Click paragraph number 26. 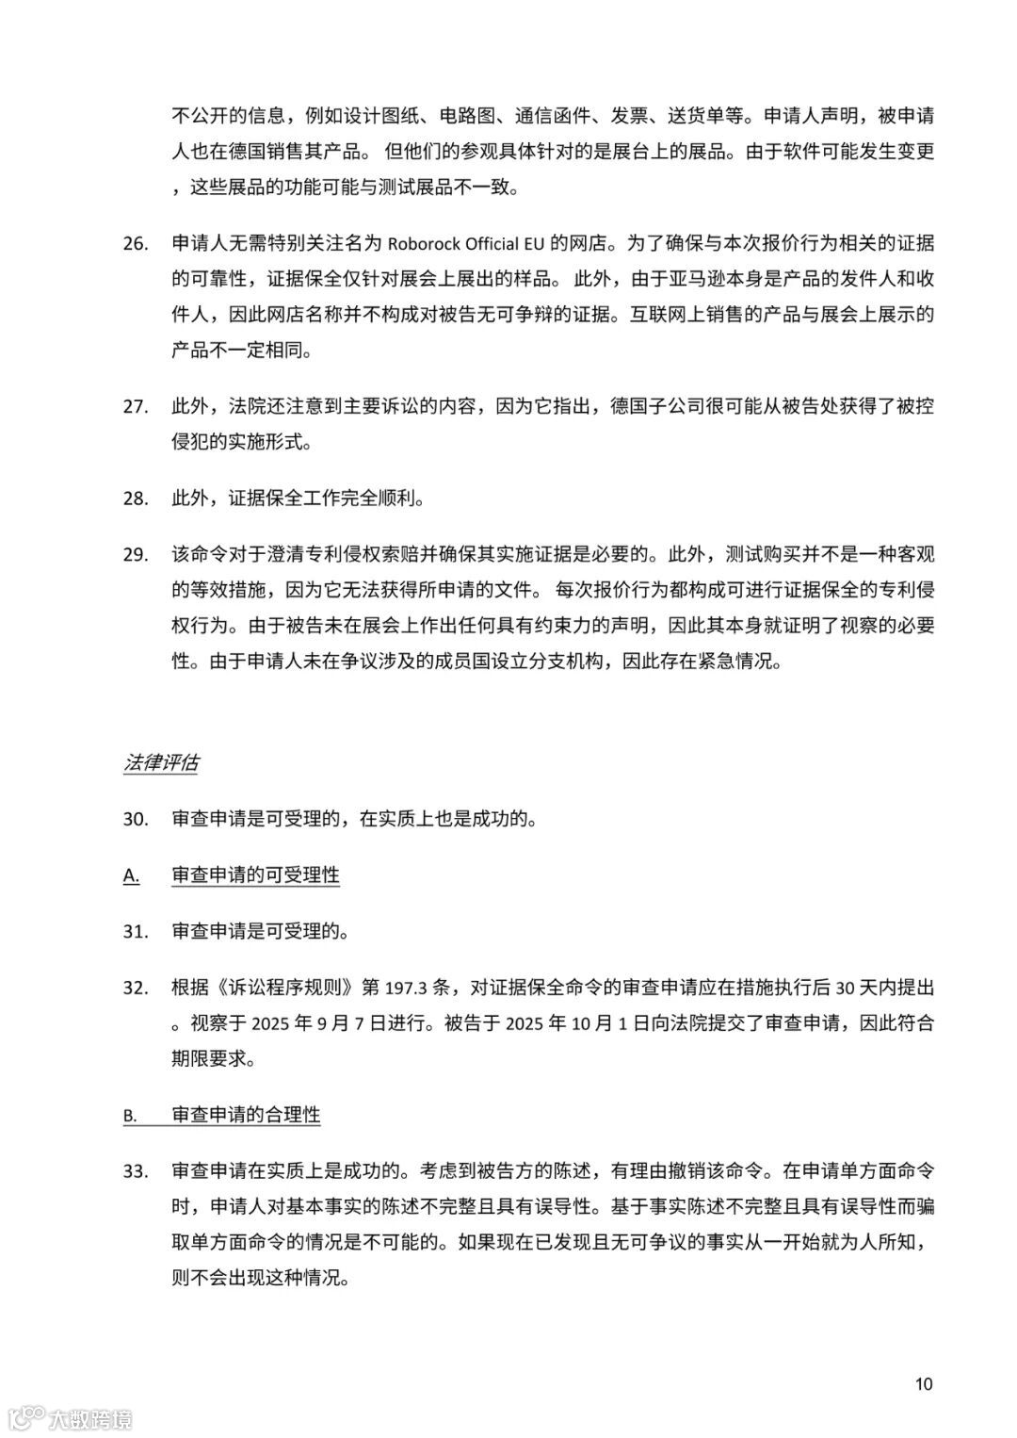(x=136, y=244)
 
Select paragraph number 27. (x=136, y=406)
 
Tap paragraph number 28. (x=136, y=498)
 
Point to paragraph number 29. (x=136, y=554)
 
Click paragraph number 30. (x=136, y=819)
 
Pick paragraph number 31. (x=136, y=932)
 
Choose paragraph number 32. (x=136, y=989)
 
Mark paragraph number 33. (x=136, y=1171)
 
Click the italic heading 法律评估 (x=161, y=763)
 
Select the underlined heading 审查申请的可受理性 (x=255, y=875)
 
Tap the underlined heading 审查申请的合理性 (x=246, y=1115)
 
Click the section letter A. (x=131, y=876)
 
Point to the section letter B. (x=130, y=1116)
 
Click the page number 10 (x=923, y=1383)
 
